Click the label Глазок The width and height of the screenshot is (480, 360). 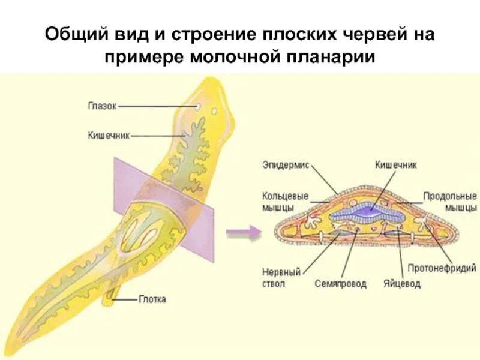tap(101, 107)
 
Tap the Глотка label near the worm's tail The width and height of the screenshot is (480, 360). tap(152, 299)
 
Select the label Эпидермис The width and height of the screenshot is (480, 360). tap(286, 165)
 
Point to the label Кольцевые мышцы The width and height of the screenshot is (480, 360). tap(278, 202)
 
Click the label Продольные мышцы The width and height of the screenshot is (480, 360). tap(450, 202)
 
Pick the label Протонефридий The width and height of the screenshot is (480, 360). tap(442, 268)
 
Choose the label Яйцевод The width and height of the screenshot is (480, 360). tap(402, 284)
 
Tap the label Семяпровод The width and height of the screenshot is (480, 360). tap(340, 284)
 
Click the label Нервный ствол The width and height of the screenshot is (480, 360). tap(274, 277)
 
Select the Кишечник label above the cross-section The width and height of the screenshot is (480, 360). tap(395, 164)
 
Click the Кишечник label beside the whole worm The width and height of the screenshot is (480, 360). tap(108, 136)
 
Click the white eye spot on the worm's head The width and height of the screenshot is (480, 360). tap(197, 107)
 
